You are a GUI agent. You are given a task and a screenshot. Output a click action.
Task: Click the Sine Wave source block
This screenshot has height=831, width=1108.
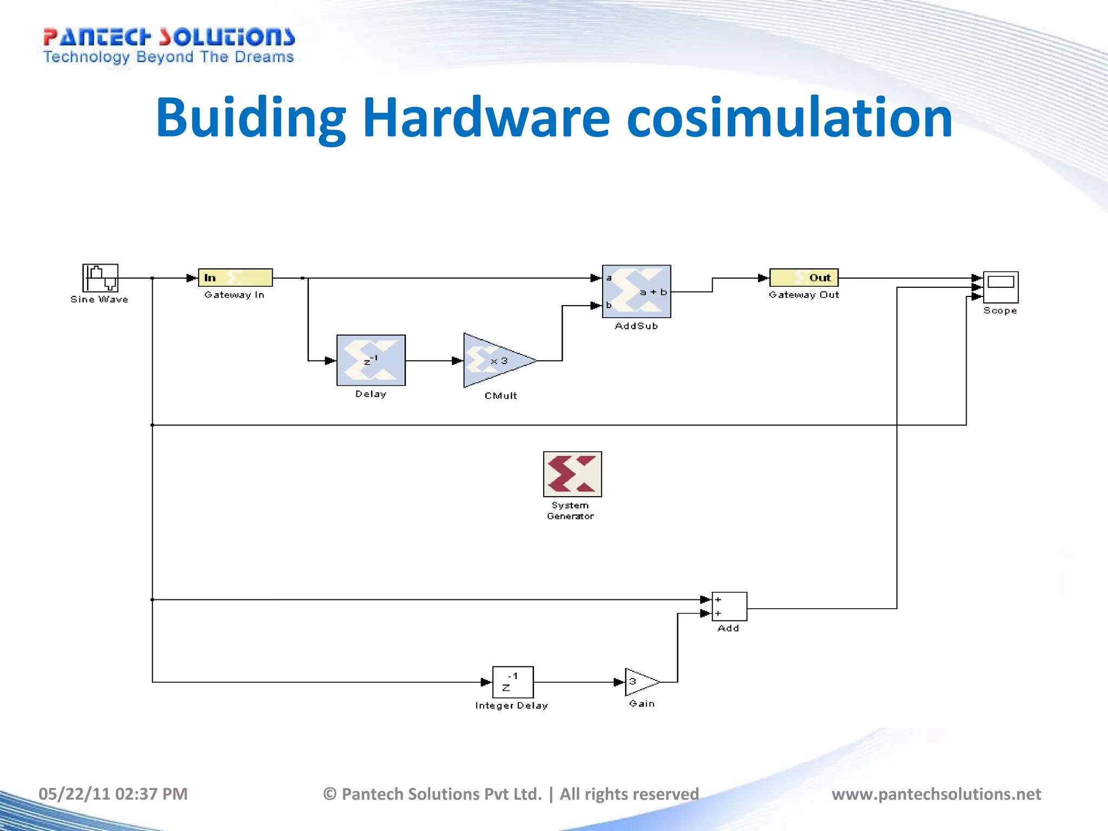100,278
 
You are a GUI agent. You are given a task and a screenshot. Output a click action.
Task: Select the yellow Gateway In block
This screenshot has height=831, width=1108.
235,278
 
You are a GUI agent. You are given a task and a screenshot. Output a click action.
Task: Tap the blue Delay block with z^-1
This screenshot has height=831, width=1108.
371,360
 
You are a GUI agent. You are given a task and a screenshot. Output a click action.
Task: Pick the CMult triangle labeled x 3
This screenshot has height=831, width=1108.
495,360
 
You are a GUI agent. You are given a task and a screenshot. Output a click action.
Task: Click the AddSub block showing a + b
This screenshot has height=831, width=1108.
636,292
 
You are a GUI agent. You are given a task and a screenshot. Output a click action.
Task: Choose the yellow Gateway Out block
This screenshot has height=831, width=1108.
804,278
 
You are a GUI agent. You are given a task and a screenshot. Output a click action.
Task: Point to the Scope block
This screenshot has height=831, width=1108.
1000,287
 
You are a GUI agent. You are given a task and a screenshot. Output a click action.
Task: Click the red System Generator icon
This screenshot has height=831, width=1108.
572,474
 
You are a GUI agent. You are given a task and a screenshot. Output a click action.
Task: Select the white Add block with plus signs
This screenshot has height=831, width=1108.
729,606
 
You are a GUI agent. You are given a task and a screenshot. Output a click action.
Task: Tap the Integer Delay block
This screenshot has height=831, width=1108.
513,682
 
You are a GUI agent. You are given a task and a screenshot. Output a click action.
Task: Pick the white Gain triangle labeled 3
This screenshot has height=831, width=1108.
641,682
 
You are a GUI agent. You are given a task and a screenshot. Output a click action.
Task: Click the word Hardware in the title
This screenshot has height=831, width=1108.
486,117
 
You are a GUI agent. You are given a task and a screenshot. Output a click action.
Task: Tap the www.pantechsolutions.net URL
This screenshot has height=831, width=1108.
936,794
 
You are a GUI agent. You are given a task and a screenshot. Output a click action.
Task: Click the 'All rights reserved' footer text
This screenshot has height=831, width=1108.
629,794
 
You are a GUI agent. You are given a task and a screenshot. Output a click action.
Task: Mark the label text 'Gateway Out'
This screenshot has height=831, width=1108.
804,295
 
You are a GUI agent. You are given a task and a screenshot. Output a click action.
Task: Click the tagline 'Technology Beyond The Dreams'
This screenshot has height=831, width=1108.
168,57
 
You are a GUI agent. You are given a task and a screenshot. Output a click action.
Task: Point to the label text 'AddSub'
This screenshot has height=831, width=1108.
636,326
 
